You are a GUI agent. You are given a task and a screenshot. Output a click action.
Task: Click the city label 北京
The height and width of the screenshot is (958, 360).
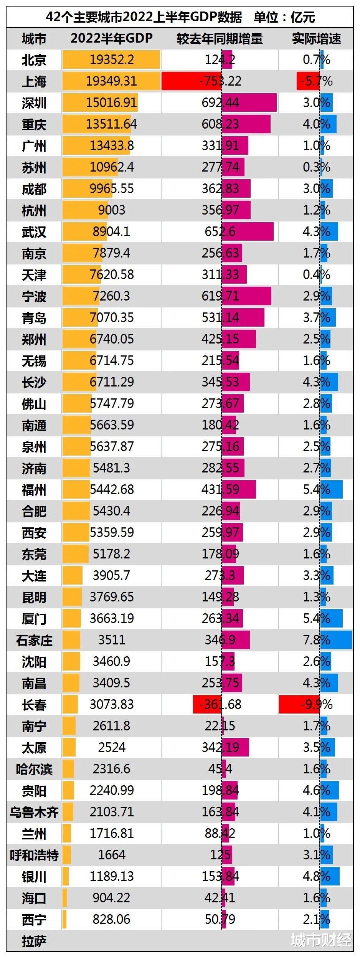[x=34, y=60]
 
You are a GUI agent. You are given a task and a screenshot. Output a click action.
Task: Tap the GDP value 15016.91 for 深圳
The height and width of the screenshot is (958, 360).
[x=111, y=102]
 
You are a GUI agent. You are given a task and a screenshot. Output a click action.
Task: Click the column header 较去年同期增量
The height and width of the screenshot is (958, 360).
[x=220, y=39]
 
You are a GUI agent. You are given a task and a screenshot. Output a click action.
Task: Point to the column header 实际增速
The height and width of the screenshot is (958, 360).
[x=316, y=39]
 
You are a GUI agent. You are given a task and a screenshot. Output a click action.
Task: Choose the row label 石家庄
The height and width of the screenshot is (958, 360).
[x=34, y=640]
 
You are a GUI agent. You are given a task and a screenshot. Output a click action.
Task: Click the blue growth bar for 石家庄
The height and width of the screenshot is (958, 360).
[x=336, y=640]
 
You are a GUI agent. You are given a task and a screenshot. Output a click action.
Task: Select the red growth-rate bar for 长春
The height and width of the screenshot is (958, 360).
[x=299, y=704]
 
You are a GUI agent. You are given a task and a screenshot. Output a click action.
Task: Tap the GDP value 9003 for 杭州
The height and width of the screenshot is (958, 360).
[x=111, y=210]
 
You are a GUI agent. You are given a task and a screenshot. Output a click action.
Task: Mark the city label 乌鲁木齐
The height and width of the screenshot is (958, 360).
[x=34, y=812]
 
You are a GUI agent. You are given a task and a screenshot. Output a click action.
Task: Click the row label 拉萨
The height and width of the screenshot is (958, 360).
[x=34, y=941]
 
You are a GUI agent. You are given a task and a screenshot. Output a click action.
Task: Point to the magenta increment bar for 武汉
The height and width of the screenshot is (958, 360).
[x=248, y=231]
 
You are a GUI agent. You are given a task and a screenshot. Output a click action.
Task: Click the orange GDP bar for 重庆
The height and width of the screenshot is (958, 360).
[x=96, y=124]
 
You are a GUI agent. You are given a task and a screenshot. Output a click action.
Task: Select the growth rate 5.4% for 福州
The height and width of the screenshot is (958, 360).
[x=316, y=489]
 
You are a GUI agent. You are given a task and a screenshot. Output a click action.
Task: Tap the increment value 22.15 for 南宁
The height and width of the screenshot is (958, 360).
[x=220, y=726]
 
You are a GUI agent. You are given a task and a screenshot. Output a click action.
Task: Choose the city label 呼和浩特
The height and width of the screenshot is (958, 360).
[x=34, y=855]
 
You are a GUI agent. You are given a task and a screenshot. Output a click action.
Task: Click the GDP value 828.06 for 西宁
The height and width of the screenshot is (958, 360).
[x=111, y=919]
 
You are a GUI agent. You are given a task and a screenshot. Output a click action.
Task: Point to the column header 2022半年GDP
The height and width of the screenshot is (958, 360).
[x=111, y=39]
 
